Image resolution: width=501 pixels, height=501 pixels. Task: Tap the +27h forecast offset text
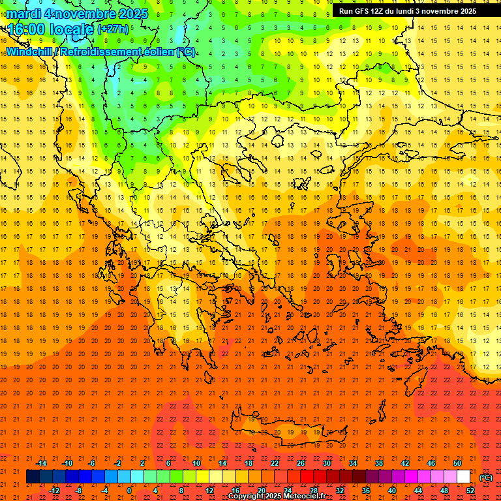[113, 29]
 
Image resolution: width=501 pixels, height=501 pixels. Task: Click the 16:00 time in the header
[27, 29]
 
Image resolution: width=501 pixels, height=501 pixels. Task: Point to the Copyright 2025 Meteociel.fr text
[277, 496]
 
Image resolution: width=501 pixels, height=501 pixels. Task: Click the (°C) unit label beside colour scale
[486, 478]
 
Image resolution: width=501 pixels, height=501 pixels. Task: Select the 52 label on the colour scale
[470, 491]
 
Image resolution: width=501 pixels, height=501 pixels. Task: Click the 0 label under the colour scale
[129, 491]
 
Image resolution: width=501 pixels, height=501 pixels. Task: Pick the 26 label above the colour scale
[301, 463]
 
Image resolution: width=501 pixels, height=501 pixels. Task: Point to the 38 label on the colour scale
[379, 463]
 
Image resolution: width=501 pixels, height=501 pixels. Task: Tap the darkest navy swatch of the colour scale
[33, 477]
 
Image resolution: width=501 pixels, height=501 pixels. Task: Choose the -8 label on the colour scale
[78, 491]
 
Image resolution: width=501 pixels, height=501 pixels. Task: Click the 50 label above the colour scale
[457, 463]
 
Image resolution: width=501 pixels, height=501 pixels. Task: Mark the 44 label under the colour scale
[418, 491]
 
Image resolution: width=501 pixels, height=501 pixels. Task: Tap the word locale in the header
[72, 29]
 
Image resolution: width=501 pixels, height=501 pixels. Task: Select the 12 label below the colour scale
[209, 491]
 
